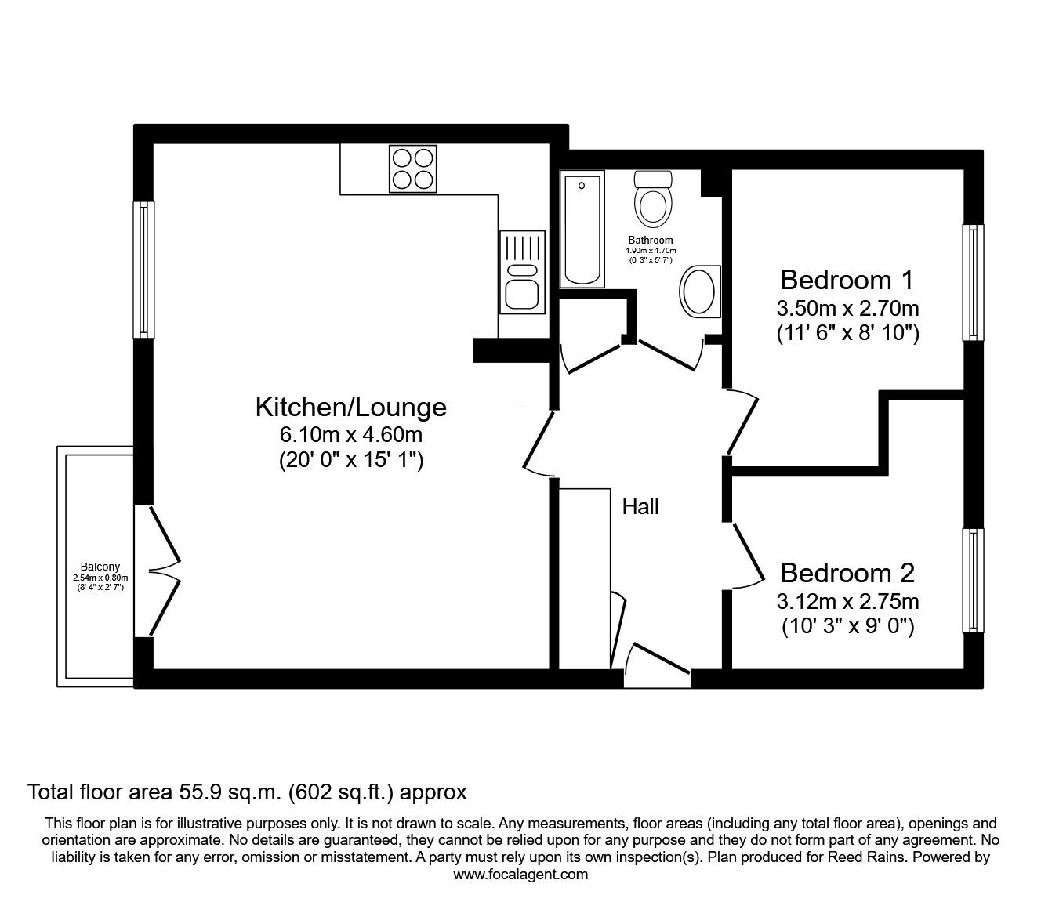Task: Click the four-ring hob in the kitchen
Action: [x=412, y=169]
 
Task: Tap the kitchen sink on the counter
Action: [x=521, y=282]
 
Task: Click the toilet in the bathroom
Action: [x=653, y=199]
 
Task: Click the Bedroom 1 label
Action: [x=847, y=280]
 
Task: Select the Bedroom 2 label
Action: [x=847, y=573]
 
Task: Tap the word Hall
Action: [x=640, y=507]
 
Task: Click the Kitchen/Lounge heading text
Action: [x=350, y=407]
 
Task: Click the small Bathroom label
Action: [x=651, y=240]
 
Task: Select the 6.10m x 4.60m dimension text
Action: [x=350, y=434]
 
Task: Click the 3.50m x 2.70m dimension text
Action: [x=847, y=307]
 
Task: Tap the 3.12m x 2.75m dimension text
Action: [x=847, y=601]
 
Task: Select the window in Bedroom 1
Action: [x=972, y=283]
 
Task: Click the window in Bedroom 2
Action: [x=972, y=580]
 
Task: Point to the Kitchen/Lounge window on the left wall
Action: [x=144, y=270]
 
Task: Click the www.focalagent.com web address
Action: [x=520, y=875]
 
